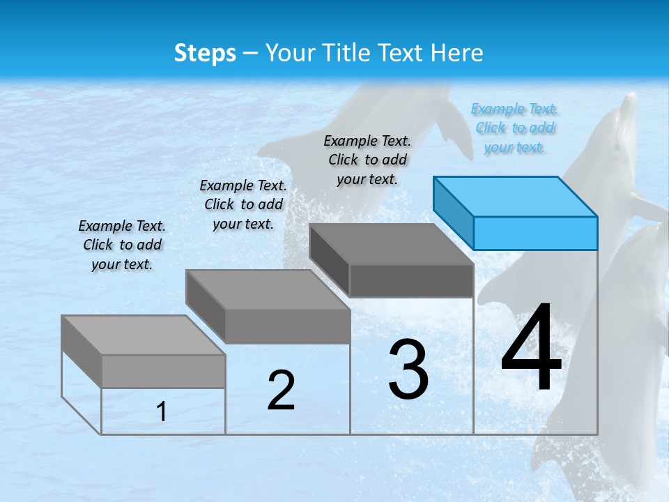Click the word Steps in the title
point(205,53)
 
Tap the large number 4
point(531,349)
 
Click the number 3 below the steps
point(408,370)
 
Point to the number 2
point(281,390)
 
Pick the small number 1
point(162,412)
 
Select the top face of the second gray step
point(268,290)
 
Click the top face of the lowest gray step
point(144,335)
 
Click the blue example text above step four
point(514,128)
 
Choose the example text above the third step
point(367,160)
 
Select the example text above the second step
point(243,204)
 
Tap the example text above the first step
point(122,245)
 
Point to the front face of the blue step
point(535,233)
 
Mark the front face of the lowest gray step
point(163,371)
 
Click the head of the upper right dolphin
point(624,119)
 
